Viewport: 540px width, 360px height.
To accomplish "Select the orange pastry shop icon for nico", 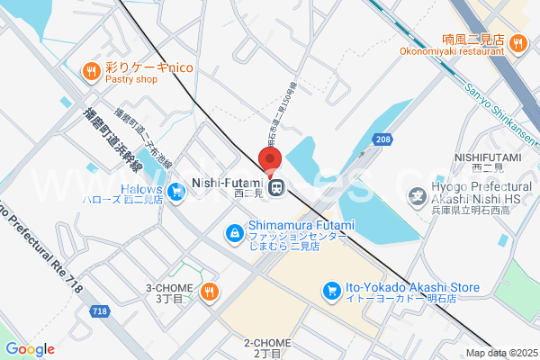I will pyautogui.click(x=91, y=70).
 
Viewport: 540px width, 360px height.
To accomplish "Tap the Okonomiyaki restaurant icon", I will pyautogui.click(x=517, y=41).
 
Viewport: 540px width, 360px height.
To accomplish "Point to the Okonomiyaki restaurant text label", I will pyautogui.click(x=453, y=51).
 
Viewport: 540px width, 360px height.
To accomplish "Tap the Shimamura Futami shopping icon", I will pyautogui.click(x=234, y=232).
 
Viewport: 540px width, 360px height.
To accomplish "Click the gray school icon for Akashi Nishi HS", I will pyautogui.click(x=417, y=193).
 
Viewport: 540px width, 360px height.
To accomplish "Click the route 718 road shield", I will pyautogui.click(x=101, y=311).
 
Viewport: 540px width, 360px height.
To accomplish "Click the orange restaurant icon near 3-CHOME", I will pyautogui.click(x=209, y=290).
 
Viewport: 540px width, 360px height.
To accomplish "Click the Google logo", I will pyautogui.click(x=31, y=348).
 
